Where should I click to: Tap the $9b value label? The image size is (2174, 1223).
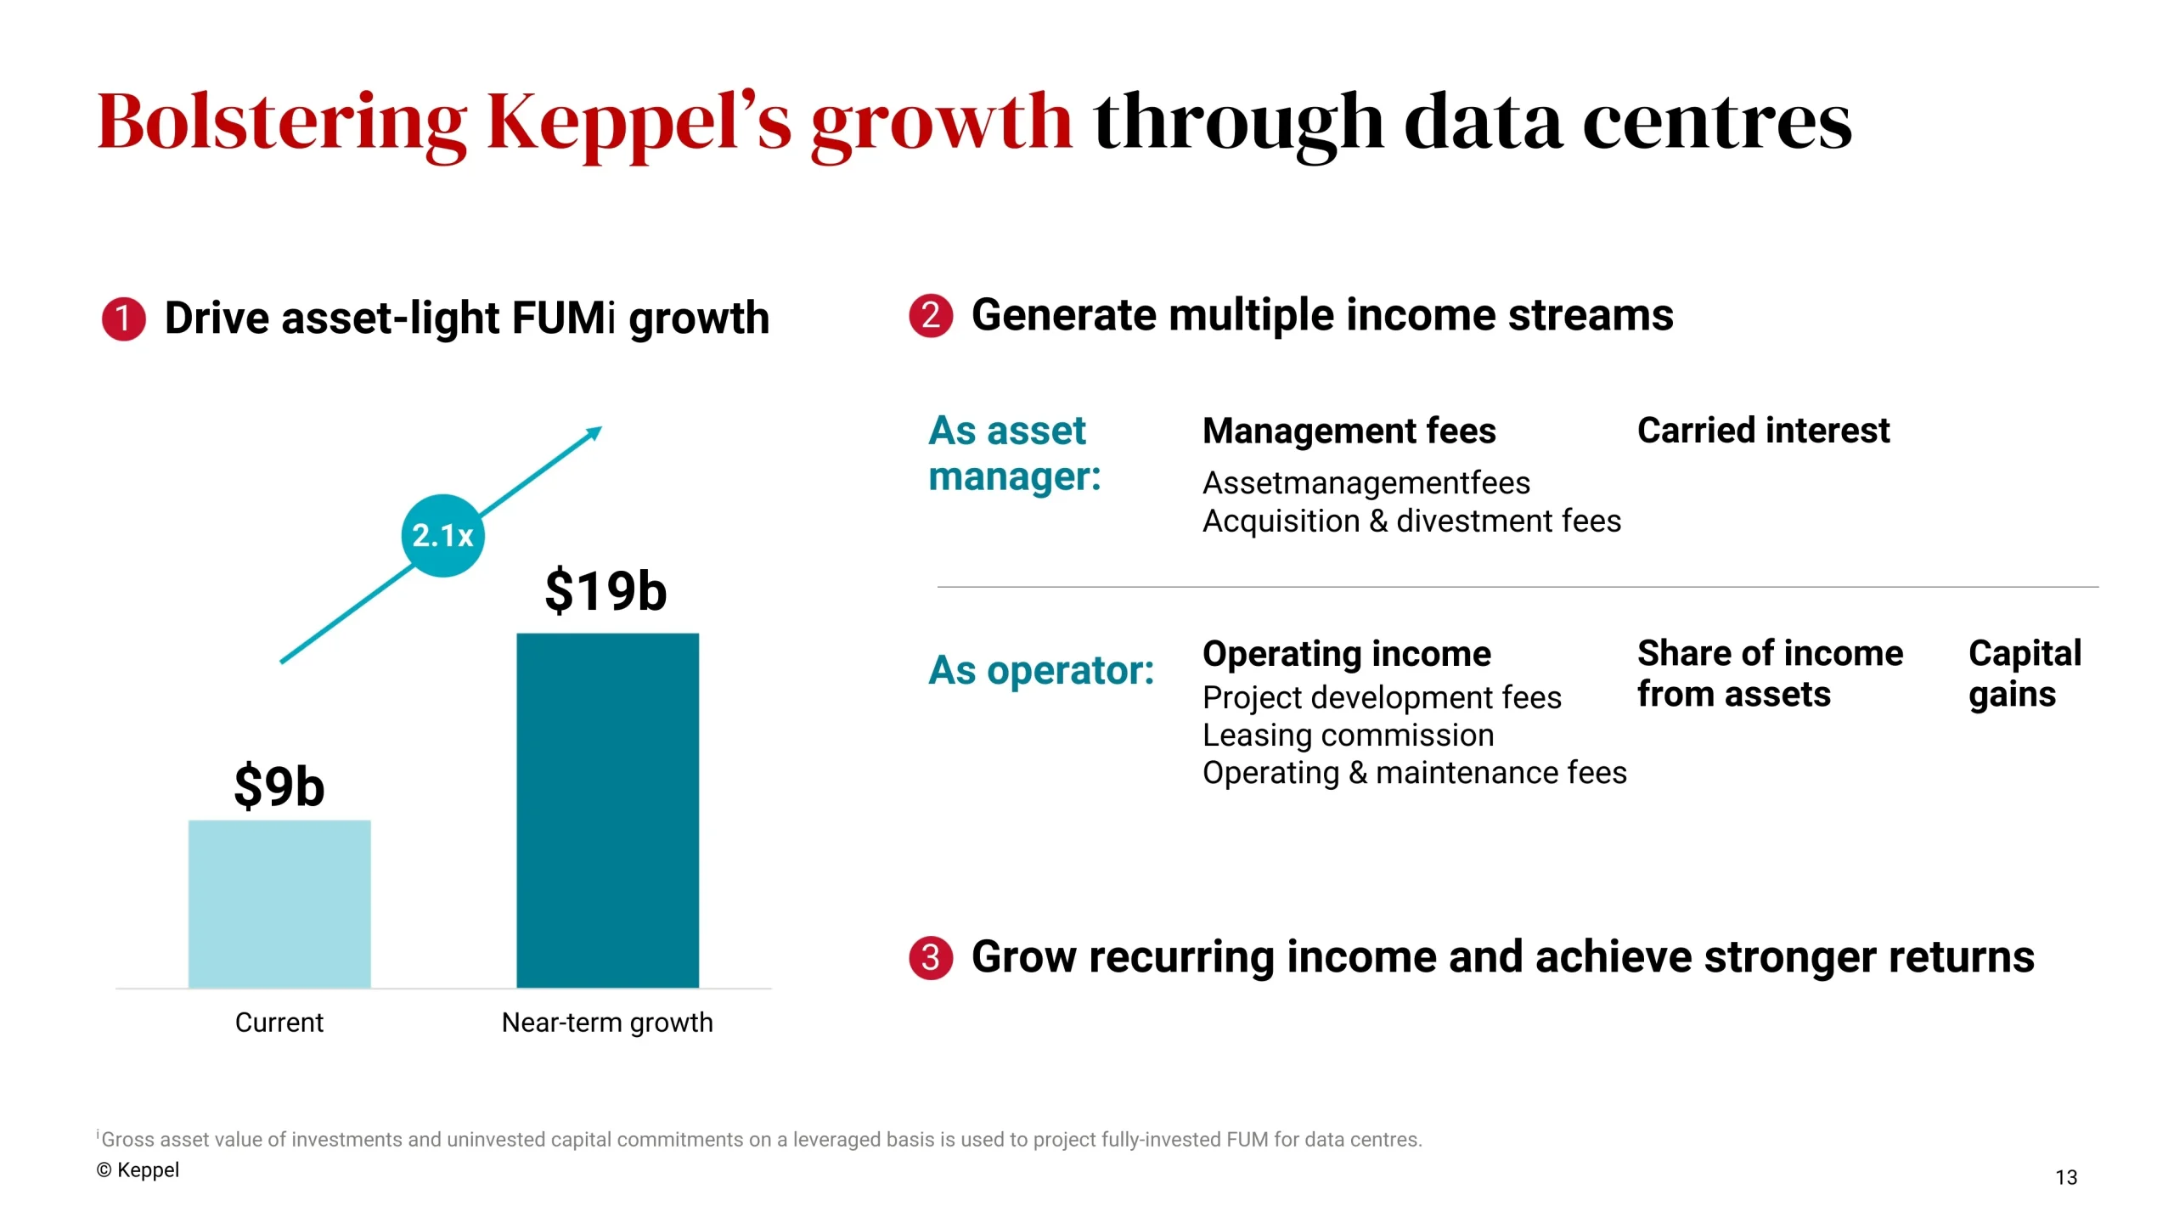[279, 786]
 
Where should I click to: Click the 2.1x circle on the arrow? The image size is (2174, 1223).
[442, 536]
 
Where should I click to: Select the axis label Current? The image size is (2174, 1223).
[279, 1022]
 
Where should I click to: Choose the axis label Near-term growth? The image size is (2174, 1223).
[607, 1022]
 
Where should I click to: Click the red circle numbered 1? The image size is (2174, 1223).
[123, 318]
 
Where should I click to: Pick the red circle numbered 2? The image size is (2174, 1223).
[931, 315]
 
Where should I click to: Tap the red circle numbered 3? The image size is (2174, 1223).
[931, 957]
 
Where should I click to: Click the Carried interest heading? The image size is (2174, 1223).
[1763, 431]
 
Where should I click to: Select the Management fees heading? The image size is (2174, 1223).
[1349, 431]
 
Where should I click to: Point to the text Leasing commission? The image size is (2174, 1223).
[1348, 735]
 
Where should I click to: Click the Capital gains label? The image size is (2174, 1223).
[2024, 673]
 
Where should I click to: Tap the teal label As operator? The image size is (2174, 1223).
[1041, 670]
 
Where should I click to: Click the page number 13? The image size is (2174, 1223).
[2065, 1177]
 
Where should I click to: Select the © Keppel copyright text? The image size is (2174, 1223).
[138, 1169]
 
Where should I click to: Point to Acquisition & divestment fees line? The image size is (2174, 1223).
[1411, 521]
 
